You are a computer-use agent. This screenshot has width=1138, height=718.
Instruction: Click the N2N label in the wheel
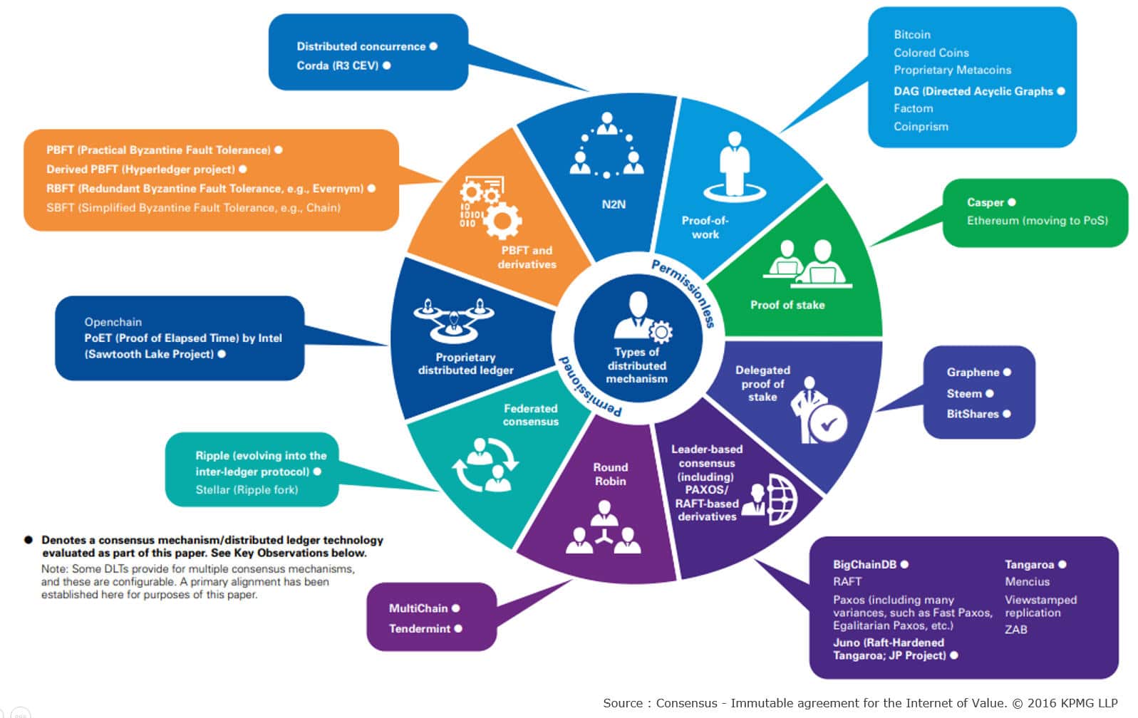point(613,204)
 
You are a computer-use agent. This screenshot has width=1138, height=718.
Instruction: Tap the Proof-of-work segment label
point(705,227)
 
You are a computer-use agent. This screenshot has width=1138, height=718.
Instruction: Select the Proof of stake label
point(787,305)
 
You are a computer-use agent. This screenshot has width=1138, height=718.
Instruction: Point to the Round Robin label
point(610,474)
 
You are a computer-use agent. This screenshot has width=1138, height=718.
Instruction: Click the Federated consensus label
point(530,415)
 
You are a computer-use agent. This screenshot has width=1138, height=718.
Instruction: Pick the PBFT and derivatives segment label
point(527,257)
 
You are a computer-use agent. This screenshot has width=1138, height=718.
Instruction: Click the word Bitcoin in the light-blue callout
point(912,34)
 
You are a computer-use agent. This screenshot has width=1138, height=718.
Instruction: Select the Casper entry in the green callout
point(985,202)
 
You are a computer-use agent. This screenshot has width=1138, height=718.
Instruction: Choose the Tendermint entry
point(420,628)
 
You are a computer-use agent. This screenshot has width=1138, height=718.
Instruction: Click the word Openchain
point(113,322)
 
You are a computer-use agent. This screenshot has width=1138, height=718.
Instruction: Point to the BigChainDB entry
point(864,564)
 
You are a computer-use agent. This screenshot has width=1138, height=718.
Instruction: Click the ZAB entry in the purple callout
point(1015,630)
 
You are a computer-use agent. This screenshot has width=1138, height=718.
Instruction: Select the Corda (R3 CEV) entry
point(337,66)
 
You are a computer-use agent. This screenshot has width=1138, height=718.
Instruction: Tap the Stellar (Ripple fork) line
point(247,490)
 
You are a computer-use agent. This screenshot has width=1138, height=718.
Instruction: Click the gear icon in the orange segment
point(502,219)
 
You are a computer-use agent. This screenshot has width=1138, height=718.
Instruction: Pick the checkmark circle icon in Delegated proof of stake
point(828,425)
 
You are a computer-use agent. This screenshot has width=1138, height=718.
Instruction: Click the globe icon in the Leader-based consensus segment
point(782,499)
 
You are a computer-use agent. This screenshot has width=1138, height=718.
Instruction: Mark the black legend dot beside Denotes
point(29,540)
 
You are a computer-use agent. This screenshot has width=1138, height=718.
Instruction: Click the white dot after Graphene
point(1007,372)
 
